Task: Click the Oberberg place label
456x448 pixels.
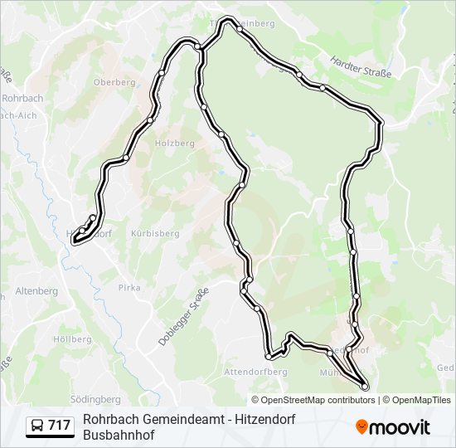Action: [114, 82]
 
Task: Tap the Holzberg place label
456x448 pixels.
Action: [174, 143]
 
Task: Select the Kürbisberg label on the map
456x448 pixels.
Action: [155, 234]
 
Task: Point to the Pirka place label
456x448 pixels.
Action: [130, 286]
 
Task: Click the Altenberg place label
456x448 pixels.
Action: [36, 291]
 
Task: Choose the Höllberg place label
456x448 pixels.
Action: [72, 340]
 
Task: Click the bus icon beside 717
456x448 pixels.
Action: [37, 426]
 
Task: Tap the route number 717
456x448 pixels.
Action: [59, 426]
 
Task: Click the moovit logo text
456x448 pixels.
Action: [400, 427]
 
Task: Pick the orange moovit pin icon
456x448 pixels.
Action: [361, 427]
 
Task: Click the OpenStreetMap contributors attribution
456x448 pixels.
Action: [307, 400]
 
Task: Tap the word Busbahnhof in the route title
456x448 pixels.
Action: [119, 435]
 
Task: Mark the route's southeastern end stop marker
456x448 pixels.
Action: [364, 386]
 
